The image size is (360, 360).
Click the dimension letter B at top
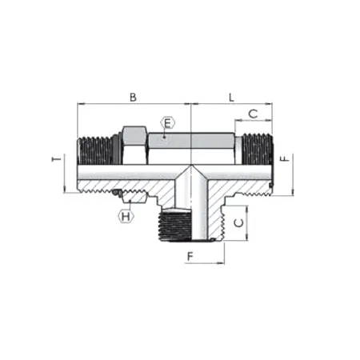click(x=134, y=97)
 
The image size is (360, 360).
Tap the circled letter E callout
click(x=166, y=123)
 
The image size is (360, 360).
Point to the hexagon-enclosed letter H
click(x=126, y=216)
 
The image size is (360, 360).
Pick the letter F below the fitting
click(x=190, y=256)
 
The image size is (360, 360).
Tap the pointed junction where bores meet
click(x=190, y=170)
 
